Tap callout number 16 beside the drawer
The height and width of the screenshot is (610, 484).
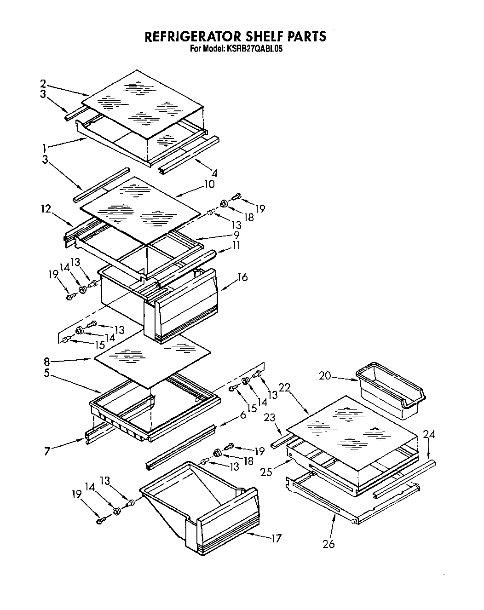242,277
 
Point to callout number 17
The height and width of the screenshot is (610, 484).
276,538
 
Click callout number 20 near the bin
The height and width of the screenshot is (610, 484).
325,376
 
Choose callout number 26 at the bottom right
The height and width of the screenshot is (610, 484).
328,544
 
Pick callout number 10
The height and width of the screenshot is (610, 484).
209,184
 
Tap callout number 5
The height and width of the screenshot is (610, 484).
47,374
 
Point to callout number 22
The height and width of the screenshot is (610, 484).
285,388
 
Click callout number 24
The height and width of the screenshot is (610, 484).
429,434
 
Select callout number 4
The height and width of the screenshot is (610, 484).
214,173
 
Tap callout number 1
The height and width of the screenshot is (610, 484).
44,148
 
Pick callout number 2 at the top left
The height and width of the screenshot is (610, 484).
43,84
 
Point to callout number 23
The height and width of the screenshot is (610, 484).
269,417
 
